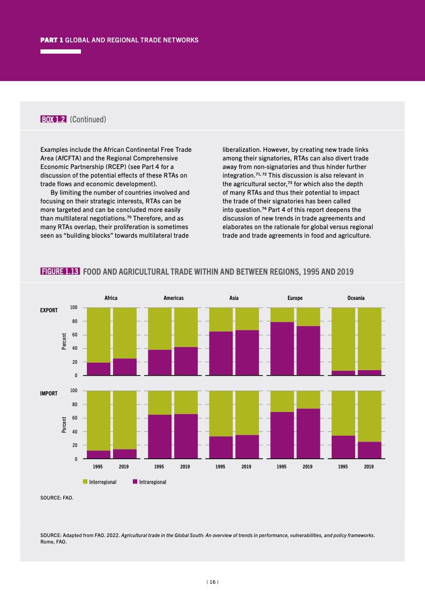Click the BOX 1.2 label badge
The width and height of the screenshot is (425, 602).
[54, 120]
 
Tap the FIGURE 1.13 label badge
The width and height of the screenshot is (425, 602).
[61, 271]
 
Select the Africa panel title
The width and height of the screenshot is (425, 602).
[111, 298]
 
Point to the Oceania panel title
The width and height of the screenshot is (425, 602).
[356, 298]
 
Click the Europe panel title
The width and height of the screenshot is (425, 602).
[295, 298]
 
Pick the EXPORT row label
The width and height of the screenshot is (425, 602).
[49, 311]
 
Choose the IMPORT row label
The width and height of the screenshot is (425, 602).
[49, 394]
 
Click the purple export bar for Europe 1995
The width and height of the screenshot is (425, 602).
[282, 348]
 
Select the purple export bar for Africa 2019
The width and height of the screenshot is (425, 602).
[124, 367]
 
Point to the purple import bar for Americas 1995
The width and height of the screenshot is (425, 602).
[160, 436]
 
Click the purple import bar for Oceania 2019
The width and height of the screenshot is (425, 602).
[369, 450]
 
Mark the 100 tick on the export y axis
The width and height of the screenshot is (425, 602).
[74, 307]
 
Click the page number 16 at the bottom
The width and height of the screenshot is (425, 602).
[213, 582]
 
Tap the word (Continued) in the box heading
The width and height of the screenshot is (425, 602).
[88, 120]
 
